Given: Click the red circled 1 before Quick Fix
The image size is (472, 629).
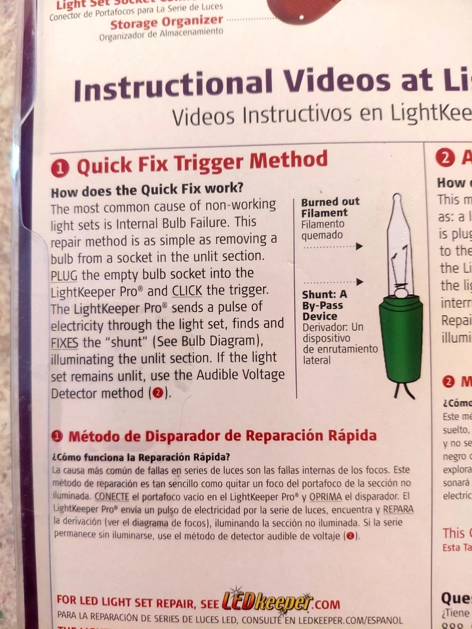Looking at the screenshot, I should (x=60, y=168).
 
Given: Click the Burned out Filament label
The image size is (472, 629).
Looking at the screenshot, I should (x=330, y=207).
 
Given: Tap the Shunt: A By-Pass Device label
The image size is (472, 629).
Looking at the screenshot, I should (x=324, y=305).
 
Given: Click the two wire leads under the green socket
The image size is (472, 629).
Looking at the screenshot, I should (x=403, y=390).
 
